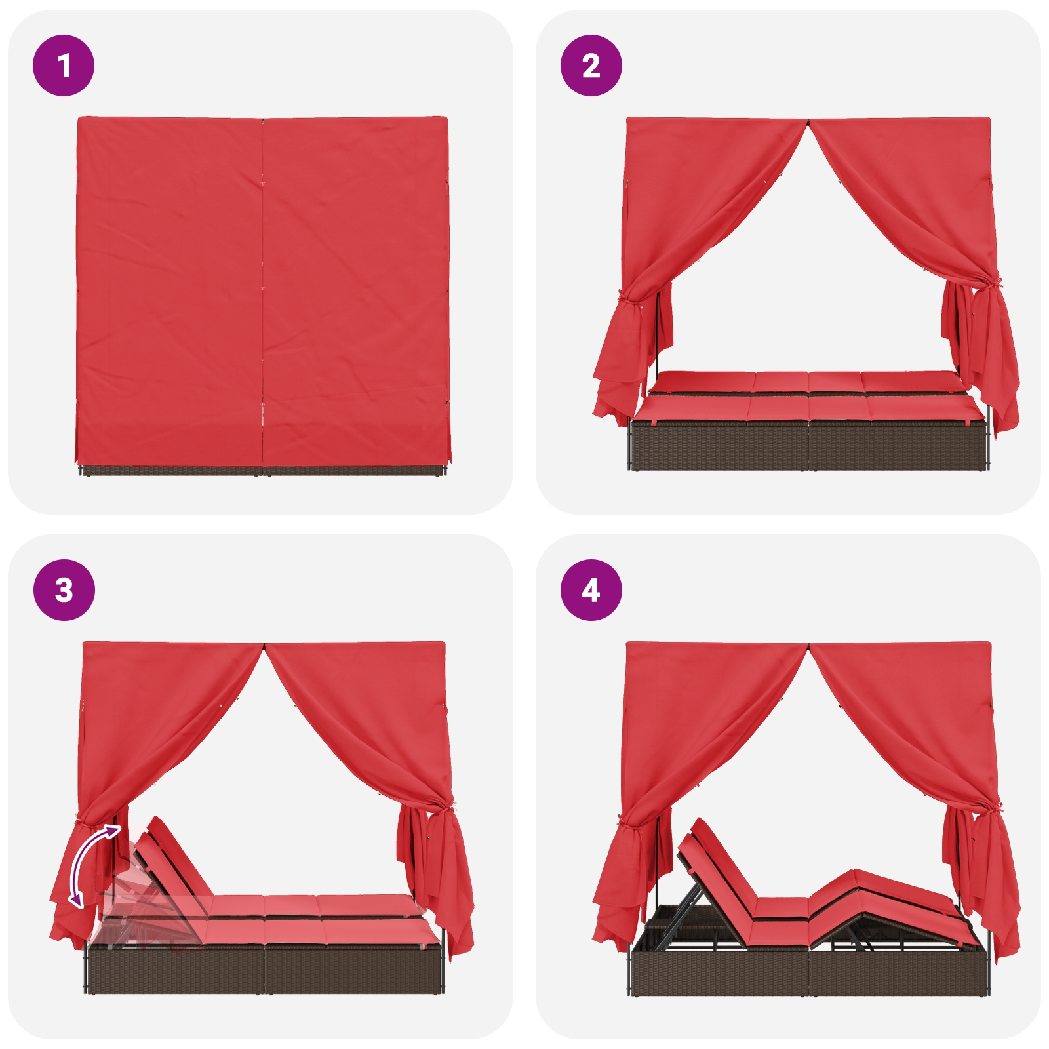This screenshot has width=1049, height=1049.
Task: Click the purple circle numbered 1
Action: [64, 66]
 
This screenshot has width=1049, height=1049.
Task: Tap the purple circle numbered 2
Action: [591, 66]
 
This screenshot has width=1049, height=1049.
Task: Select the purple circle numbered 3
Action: [64, 590]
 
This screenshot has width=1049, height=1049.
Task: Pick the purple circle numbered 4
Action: [591, 590]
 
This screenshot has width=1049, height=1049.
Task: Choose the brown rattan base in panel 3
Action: [264, 969]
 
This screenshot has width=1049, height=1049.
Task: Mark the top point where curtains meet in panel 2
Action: [808, 121]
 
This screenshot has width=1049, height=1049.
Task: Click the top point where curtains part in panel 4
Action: [808, 645]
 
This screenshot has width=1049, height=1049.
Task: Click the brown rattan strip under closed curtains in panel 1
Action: [262, 470]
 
